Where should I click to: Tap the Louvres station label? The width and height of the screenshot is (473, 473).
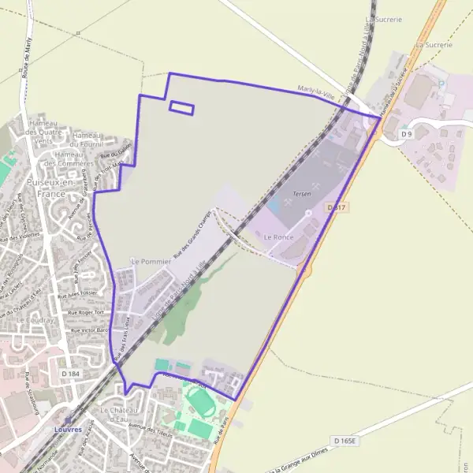click(x=68, y=429)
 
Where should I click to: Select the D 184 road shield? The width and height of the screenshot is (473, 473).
click(x=70, y=373)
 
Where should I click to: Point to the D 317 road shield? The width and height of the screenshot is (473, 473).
click(x=337, y=207)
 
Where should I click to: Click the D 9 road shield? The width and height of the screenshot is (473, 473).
click(x=407, y=134)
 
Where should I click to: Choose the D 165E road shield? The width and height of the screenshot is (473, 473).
click(x=345, y=441)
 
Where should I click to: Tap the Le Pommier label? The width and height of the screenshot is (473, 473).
click(x=146, y=261)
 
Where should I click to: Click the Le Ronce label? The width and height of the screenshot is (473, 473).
click(x=278, y=236)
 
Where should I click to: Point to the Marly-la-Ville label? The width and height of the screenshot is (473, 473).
click(x=317, y=92)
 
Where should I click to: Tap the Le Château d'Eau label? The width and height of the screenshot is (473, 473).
click(x=119, y=415)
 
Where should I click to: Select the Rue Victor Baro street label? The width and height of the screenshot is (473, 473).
click(x=90, y=330)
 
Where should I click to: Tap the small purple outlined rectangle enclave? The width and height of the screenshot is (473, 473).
click(x=182, y=108)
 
